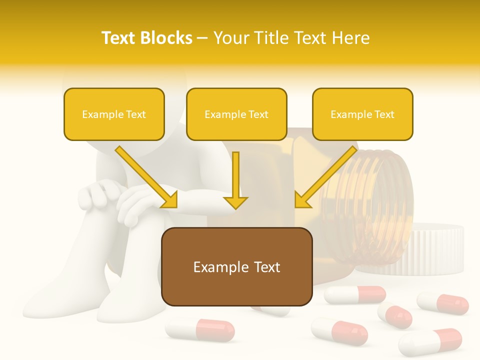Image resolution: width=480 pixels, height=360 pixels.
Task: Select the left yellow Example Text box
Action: (114, 114)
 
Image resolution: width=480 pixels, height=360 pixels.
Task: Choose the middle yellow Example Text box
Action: (236, 114)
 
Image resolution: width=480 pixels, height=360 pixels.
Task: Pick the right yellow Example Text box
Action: (362, 114)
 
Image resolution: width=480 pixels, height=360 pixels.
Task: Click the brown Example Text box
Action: (236, 266)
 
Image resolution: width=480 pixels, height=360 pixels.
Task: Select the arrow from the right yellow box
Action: (325, 177)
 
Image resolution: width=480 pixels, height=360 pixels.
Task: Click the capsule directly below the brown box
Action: (200, 330)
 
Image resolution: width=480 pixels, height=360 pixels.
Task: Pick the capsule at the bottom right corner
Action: (430, 342)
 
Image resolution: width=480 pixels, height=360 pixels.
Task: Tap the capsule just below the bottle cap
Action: (443, 303)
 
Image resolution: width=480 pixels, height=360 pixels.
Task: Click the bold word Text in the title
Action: (119, 38)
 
